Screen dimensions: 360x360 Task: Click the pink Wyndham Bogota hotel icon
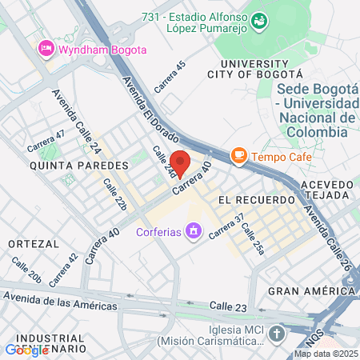click(x=46, y=50)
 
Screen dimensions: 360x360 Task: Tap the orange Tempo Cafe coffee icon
click(x=238, y=156)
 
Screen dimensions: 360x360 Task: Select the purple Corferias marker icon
click(x=192, y=232)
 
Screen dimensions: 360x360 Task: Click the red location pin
click(x=181, y=163)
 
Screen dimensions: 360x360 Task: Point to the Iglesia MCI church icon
click(x=277, y=334)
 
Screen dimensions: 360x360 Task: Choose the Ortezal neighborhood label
click(x=31, y=242)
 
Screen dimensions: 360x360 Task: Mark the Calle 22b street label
click(x=115, y=194)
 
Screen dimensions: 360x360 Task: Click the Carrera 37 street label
click(x=226, y=227)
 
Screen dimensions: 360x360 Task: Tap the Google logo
click(x=26, y=350)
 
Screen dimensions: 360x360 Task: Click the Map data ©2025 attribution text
click(x=326, y=354)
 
